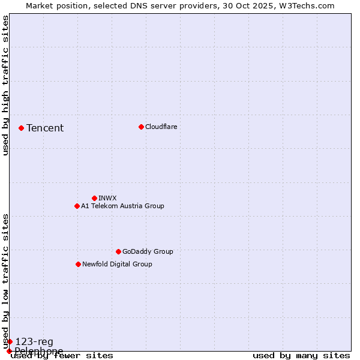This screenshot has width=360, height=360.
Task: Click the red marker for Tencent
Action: pos(21,128)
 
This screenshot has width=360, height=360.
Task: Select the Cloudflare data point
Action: pos(141,127)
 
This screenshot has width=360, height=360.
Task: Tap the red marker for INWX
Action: pos(94,198)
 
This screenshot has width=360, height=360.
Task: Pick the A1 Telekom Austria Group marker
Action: pos(77,206)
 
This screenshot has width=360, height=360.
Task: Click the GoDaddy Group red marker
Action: pos(118,251)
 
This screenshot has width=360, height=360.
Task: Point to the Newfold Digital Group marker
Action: pos(78,264)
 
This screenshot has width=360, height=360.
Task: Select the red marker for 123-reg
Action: pos(10,341)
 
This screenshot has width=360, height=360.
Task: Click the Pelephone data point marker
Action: pos(9,351)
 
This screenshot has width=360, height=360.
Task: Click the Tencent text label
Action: pos(45,128)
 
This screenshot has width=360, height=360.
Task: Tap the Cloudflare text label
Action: pos(161,127)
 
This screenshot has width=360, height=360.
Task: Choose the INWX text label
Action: pos(107,198)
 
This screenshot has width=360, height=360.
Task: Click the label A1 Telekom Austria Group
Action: pos(122,206)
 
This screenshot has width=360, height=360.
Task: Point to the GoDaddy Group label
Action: pos(148,251)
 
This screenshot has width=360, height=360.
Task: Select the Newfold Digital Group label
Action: pos(117,264)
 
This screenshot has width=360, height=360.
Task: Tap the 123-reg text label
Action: pos(34,342)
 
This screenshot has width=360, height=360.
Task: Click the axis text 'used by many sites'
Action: pos(301,356)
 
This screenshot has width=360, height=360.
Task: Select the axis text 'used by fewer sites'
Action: pos(62,356)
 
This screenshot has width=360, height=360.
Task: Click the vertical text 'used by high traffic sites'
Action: pos(5,86)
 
